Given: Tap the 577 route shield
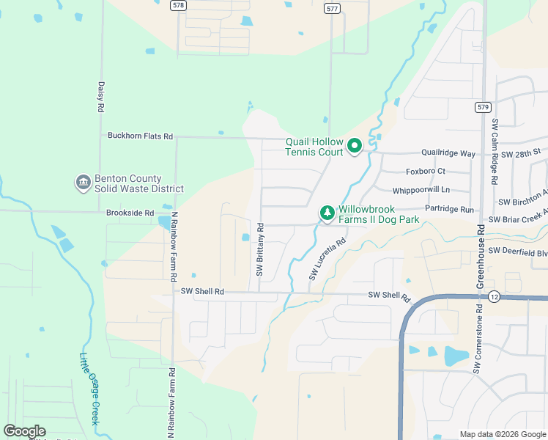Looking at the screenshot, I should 332,8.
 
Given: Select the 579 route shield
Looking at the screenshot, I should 482,107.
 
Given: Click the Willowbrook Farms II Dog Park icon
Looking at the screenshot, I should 327,213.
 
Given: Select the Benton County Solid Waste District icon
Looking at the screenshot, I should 82,181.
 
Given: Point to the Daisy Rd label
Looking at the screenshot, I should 100,96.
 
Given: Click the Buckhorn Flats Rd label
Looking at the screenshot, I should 140,136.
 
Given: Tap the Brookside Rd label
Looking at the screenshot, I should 130,212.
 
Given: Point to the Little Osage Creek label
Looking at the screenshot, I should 89,388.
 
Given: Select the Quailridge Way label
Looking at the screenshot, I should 448,153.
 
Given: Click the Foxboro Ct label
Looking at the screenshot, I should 426,172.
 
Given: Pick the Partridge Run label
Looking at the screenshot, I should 449,209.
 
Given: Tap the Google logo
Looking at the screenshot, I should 24,431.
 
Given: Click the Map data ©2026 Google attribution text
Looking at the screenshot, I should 503,434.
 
